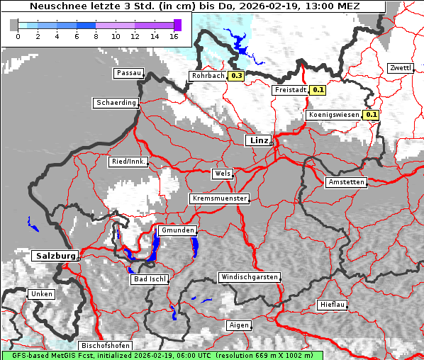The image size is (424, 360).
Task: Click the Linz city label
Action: (258, 140)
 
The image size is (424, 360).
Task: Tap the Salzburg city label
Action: (54, 255)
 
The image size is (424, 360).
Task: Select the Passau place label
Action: (128, 73)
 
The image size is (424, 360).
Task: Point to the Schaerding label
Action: (116, 103)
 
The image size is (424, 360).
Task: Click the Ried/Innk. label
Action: (128, 162)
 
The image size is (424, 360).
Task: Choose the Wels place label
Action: (221, 174)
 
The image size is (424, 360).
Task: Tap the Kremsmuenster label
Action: (219, 198)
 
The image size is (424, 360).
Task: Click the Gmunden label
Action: (177, 231)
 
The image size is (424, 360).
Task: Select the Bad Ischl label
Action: (150, 279)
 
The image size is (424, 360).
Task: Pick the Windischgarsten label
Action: (249, 277)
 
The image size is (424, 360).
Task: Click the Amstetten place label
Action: (346, 182)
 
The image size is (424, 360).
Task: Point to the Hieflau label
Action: (333, 305)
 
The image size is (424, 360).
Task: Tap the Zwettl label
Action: (400, 68)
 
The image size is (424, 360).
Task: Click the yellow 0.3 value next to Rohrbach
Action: (236, 76)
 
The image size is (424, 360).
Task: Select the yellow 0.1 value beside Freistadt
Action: (318, 90)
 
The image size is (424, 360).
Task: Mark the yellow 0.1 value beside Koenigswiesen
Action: (371, 115)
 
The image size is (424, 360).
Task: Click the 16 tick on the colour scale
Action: (173, 35)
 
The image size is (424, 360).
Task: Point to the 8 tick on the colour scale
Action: (95, 35)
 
